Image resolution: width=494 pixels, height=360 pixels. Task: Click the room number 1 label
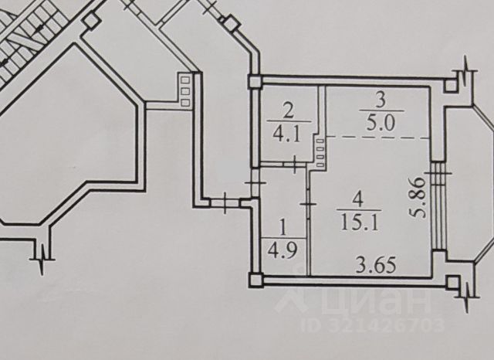[282, 228]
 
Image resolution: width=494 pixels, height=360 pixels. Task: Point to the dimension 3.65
[375, 266]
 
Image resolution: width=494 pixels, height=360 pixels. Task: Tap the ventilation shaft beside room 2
[320, 148]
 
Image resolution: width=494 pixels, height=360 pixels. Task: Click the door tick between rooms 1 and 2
[298, 163]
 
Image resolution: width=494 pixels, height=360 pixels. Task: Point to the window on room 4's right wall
[438, 205]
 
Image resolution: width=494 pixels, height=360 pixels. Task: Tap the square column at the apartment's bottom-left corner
[254, 278]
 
